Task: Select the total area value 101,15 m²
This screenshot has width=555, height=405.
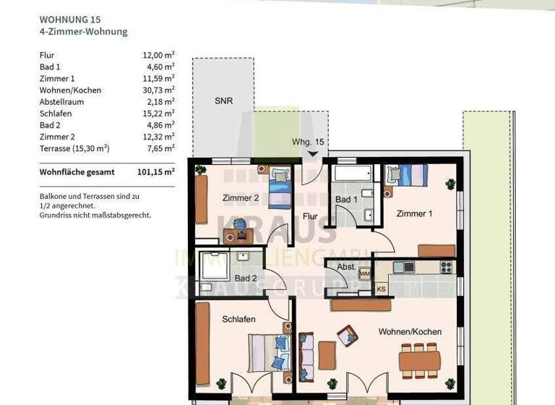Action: point(155,172)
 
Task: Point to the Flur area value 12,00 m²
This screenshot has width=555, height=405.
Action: point(158,55)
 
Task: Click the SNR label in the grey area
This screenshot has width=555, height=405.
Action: point(223,102)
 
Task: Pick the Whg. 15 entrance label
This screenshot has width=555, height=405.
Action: point(309,142)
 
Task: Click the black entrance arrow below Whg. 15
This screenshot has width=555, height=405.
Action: point(313,153)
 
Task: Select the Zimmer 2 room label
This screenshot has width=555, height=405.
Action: point(241,198)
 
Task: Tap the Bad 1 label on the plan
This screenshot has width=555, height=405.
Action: point(346,199)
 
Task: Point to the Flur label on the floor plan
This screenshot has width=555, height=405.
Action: point(311,216)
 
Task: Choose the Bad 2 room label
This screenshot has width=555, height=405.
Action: point(246,278)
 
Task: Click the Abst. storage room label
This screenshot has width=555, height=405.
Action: point(346,267)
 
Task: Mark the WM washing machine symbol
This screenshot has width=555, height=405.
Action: point(365,274)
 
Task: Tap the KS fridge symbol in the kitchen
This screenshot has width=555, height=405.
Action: point(381,289)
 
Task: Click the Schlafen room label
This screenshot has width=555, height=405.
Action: point(238,319)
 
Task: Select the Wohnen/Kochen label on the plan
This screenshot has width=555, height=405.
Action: point(410,332)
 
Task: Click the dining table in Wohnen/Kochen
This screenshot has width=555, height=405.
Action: point(419,359)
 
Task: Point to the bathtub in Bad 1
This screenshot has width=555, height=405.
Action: point(352,174)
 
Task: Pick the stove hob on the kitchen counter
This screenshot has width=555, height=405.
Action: point(446,267)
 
